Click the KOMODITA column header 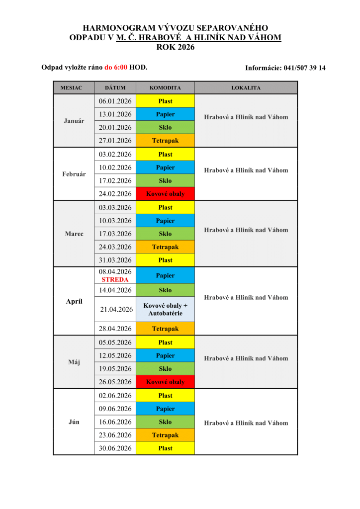[165, 88]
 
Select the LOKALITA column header [246, 88]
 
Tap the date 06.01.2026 [115, 101]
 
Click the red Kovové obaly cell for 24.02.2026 [165, 194]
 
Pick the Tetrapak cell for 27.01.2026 [165, 141]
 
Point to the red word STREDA [115, 280]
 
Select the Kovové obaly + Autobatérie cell [165, 309]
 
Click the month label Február [74, 174]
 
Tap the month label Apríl [74, 302]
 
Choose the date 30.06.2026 [115, 448]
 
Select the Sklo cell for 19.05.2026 [165, 369]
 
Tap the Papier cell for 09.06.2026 [165, 409]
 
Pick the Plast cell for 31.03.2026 [165, 260]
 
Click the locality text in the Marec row [246, 230]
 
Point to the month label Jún [74, 422]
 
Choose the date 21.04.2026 [116, 309]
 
